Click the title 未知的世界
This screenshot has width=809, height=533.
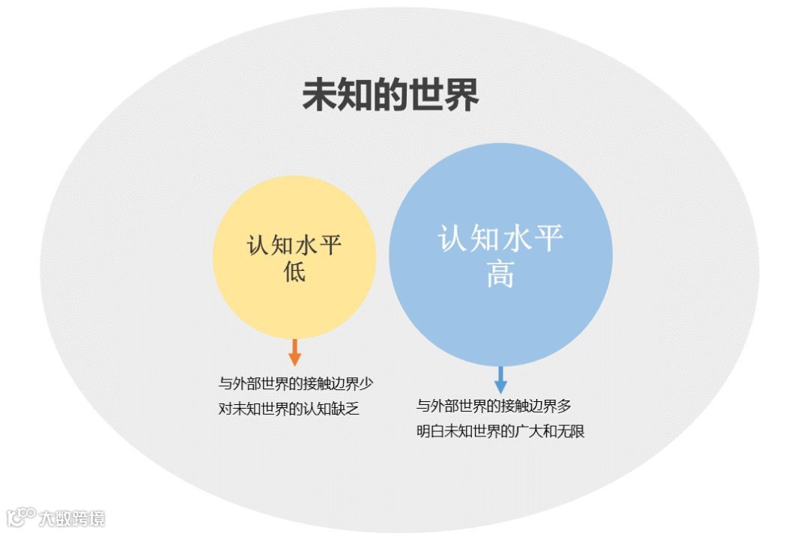pyautogui.click(x=390, y=97)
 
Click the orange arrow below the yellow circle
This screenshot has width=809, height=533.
pyautogui.click(x=294, y=352)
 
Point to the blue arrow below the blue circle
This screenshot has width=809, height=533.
pyautogui.click(x=500, y=379)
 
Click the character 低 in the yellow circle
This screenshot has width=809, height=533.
pyautogui.click(x=294, y=271)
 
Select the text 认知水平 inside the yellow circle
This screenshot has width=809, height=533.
pyautogui.click(x=294, y=245)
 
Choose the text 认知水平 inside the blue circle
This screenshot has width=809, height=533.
pyautogui.click(x=500, y=239)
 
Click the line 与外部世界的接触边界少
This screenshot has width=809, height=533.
pyautogui.click(x=296, y=384)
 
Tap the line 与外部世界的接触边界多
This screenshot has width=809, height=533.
pyautogui.click(x=494, y=406)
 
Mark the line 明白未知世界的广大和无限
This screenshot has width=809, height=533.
pyautogui.click(x=500, y=431)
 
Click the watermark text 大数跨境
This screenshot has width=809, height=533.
pyautogui.click(x=72, y=517)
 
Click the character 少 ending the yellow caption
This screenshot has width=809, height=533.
pyautogui.click(x=366, y=384)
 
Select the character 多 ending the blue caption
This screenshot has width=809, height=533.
pyautogui.click(x=564, y=406)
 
